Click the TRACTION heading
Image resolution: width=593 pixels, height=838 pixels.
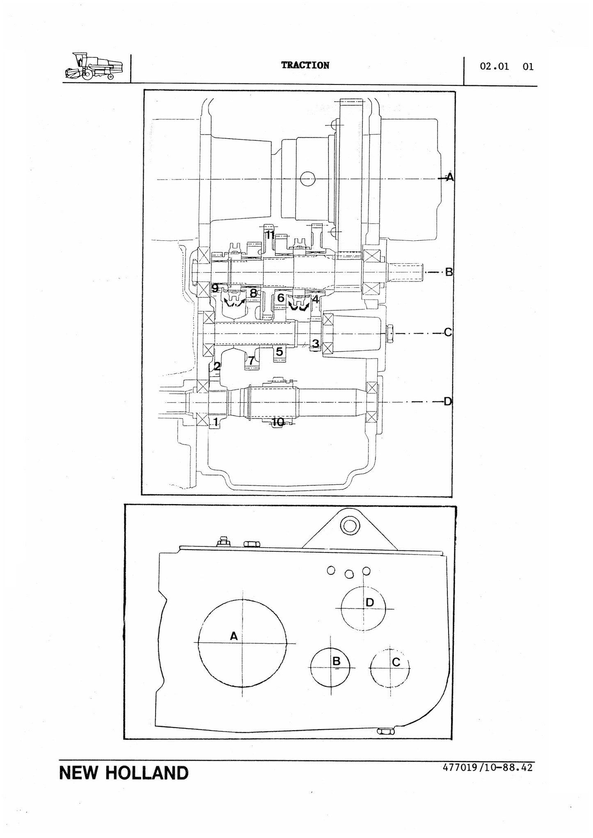(x=305, y=65)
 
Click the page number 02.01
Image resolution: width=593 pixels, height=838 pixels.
(x=495, y=66)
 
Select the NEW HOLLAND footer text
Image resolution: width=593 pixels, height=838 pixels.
(x=124, y=773)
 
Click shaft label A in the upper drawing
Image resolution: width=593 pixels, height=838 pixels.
(x=450, y=177)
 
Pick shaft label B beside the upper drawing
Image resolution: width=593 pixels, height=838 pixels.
(x=449, y=272)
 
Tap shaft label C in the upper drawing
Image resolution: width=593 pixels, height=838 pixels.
(x=448, y=332)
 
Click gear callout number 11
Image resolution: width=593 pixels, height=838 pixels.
(x=270, y=235)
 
